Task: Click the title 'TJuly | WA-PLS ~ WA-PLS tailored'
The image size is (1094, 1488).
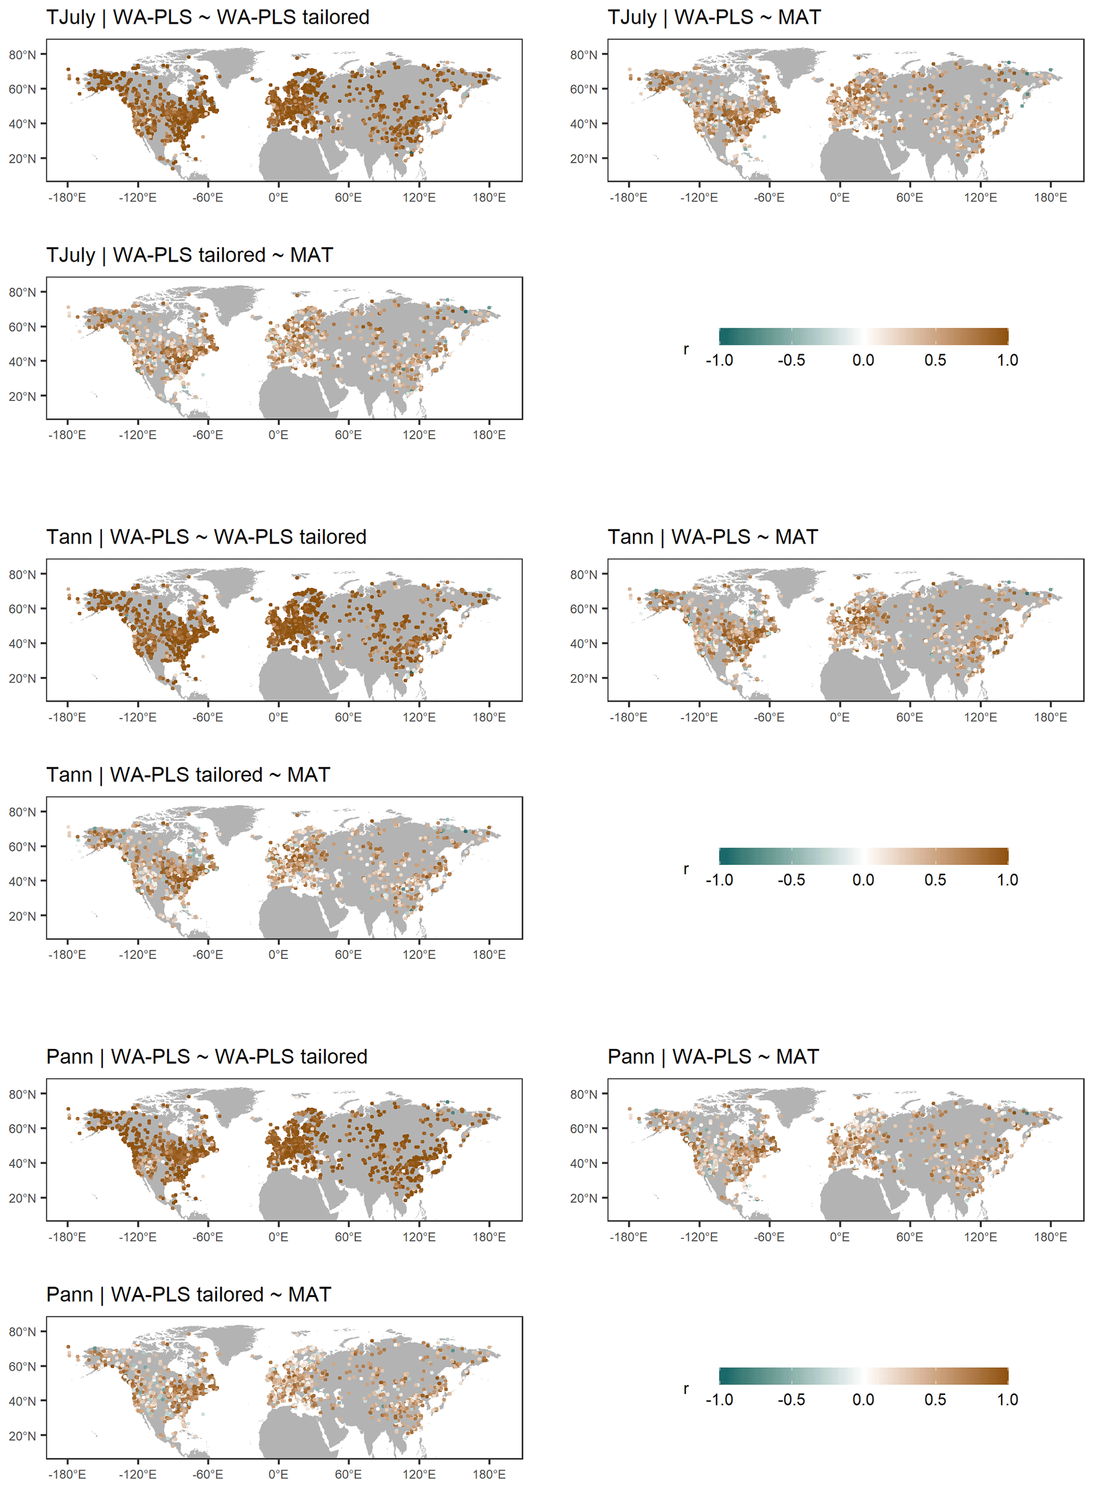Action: pos(207,17)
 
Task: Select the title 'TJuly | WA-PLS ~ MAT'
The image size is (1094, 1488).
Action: pos(714,17)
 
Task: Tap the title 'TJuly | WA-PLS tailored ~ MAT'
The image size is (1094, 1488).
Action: pos(189,255)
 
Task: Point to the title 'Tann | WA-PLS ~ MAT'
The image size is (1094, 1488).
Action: pos(712,537)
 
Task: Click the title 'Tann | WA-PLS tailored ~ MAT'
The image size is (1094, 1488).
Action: pos(188,774)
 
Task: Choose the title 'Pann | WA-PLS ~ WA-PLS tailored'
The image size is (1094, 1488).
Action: pos(206,1056)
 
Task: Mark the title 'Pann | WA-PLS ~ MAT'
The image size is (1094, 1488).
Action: pos(713,1056)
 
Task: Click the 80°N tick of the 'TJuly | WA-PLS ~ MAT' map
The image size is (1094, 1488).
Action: pos(583,55)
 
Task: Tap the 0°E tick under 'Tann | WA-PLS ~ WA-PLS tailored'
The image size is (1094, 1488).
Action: pos(278,717)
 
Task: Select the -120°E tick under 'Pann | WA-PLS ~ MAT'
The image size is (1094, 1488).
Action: pos(699,1236)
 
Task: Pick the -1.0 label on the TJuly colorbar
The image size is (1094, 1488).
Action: pos(719,360)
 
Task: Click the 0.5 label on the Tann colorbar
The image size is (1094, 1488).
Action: pos(935,880)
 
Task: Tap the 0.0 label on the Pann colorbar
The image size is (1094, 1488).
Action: pos(863,1399)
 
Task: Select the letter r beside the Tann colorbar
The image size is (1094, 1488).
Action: pos(686,869)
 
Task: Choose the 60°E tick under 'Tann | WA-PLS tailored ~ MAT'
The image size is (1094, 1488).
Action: pos(348,954)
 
